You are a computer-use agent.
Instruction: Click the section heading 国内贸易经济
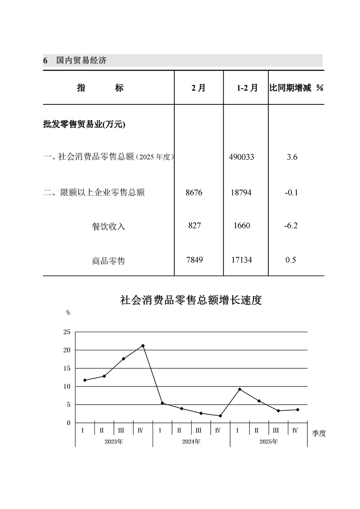81,60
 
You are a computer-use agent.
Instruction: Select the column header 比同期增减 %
296,88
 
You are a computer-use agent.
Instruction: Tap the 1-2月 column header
247,88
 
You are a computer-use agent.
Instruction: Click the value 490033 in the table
242,157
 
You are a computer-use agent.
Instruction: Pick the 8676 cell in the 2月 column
194,192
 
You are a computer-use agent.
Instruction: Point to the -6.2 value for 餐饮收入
291,225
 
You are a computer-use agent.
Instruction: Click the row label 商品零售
108,261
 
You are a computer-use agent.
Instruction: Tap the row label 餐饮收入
108,226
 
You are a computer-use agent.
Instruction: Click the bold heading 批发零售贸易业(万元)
84,125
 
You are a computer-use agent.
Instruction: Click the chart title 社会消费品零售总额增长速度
191,300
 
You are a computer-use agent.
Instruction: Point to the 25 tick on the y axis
67,332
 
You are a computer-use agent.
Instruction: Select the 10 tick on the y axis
67,387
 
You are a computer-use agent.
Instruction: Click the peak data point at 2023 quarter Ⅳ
143,346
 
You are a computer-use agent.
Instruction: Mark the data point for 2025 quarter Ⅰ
239,389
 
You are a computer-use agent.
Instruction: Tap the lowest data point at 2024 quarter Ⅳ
220,416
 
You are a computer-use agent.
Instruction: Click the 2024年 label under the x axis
191,441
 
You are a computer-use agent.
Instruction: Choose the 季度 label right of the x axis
319,433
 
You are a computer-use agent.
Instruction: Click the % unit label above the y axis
68,313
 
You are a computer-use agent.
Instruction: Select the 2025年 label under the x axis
268,441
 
